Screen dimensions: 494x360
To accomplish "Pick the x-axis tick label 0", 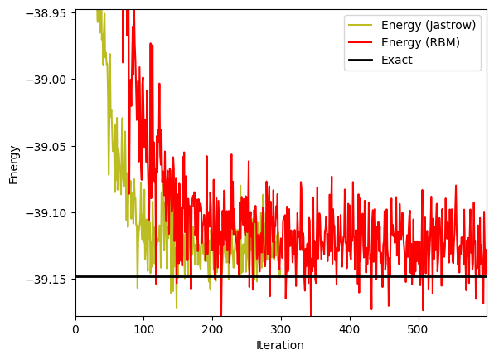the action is pyautogui.click(x=75, y=329).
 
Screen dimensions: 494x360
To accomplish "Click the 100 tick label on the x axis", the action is pyautogui.click(x=144, y=329).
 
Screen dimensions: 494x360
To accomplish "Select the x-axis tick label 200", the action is pyautogui.click(x=213, y=329).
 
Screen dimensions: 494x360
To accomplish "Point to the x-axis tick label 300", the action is pyautogui.click(x=281, y=329).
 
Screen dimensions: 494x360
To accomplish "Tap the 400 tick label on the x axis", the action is pyautogui.click(x=350, y=329).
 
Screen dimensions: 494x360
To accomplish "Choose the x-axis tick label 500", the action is pyautogui.click(x=419, y=329).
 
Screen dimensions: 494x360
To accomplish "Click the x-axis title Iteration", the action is pyautogui.click(x=280, y=345).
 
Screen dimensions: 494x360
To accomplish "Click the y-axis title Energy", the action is pyautogui.click(x=14, y=165).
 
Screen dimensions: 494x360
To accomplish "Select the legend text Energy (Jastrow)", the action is pyautogui.click(x=429, y=25).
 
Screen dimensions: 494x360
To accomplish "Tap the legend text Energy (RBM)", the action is pyautogui.click(x=420, y=42).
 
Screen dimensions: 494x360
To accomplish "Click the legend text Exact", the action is pyautogui.click(x=397, y=60).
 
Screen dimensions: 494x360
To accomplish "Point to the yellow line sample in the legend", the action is pyautogui.click(x=361, y=25).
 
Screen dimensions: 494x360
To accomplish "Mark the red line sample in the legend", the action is pyautogui.click(x=361, y=42).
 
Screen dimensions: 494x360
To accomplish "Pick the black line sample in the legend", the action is pyautogui.click(x=361, y=60).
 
